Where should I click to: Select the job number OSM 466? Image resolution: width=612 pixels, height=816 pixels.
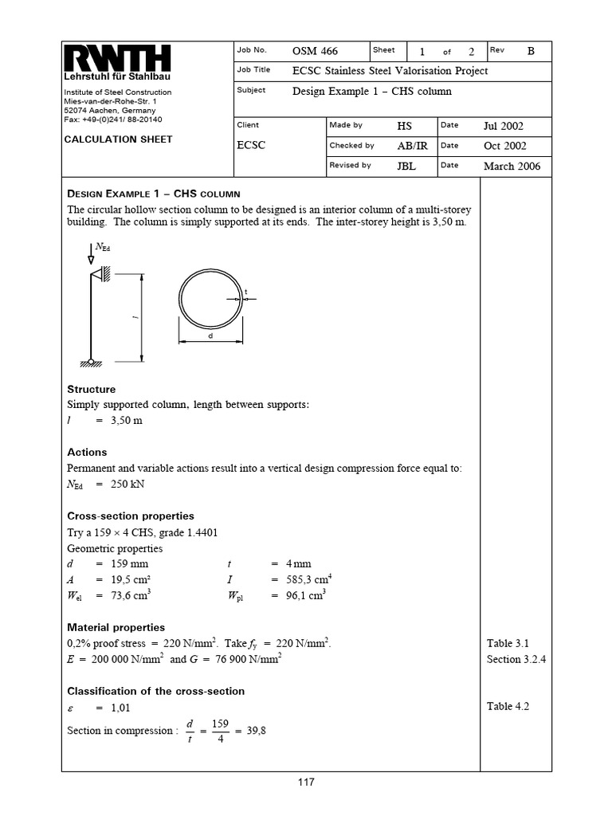315,52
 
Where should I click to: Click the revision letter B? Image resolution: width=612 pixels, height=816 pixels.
531,51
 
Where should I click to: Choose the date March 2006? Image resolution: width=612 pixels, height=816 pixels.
512,167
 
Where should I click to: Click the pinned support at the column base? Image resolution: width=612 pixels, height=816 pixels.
92,363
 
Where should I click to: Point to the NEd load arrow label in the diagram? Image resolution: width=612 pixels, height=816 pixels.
103,248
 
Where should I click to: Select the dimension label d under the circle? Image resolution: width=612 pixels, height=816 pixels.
210,336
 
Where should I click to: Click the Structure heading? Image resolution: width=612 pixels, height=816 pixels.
92,390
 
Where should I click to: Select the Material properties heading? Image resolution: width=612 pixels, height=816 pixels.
116,628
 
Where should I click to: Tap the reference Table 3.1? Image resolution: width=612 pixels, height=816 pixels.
508,643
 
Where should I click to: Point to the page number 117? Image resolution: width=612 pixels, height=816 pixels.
306,782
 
